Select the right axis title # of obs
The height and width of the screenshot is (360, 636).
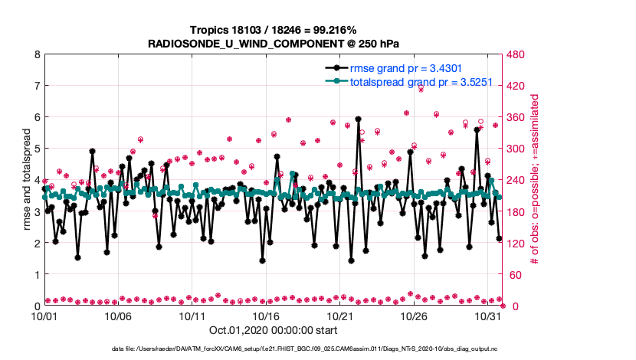(536, 180)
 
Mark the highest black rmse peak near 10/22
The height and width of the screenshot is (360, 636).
(358, 119)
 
